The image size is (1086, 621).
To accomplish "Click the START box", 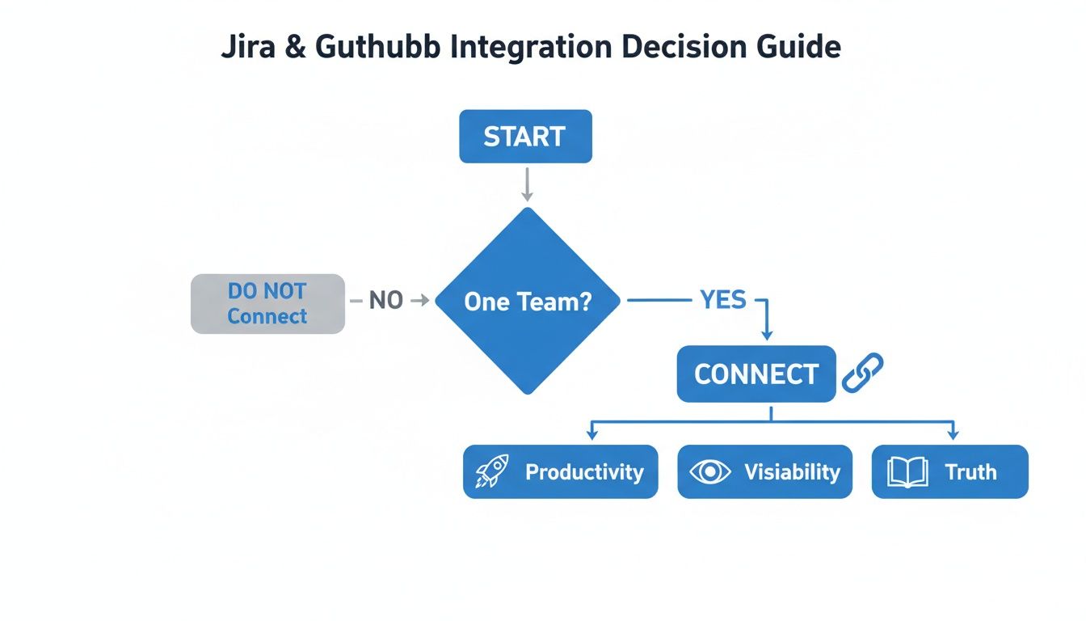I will coord(525,136).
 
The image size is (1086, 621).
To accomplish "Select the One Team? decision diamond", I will coord(528,301).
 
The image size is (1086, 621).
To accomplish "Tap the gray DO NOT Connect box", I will coord(267,304).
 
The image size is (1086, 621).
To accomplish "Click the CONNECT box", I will coord(756,374).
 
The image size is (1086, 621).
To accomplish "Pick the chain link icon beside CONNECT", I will coord(862,373).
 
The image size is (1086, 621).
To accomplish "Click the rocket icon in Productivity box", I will coord(491,471).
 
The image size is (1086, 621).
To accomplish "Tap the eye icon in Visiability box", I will coord(709,471).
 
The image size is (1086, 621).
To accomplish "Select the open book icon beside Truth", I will coord(907,471).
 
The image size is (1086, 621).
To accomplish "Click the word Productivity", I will coord(584,472).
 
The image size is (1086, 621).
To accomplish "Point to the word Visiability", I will coord(792,472).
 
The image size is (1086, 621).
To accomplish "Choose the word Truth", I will coord(970,472).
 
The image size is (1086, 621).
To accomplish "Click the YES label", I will coord(722,300).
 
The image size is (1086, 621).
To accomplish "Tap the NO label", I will coord(385,301).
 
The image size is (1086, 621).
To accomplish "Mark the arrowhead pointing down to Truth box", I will coord(952,434).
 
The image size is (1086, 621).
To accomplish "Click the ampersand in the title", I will coord(295,47).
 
